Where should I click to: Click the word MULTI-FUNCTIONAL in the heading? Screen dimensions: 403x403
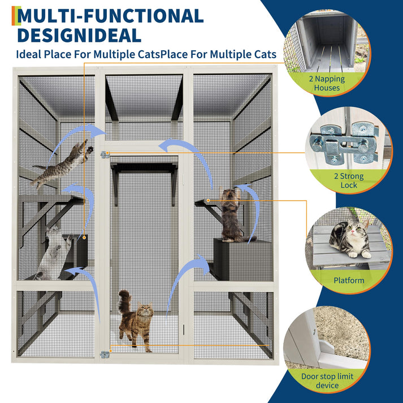pos(111,16)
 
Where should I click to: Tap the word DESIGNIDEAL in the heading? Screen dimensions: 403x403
pos(79,35)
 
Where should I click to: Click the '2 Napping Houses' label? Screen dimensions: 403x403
pos(327,83)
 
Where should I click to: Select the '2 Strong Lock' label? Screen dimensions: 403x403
pos(349,180)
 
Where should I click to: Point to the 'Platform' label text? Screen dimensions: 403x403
pos(349,280)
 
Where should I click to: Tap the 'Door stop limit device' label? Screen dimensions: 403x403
pos(327,380)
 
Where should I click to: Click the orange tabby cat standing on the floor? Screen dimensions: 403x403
pos(136,320)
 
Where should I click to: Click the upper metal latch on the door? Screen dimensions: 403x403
pos(105,154)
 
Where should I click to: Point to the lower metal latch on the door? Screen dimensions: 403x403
pos(105,354)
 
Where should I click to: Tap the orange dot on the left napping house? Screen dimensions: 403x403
pos(84,238)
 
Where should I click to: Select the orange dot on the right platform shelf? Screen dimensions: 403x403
pos(208,200)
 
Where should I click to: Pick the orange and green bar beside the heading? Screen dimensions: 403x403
pos(16,16)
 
